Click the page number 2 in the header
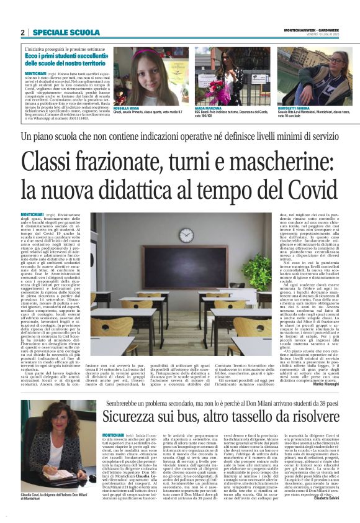[x=22, y=32]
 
